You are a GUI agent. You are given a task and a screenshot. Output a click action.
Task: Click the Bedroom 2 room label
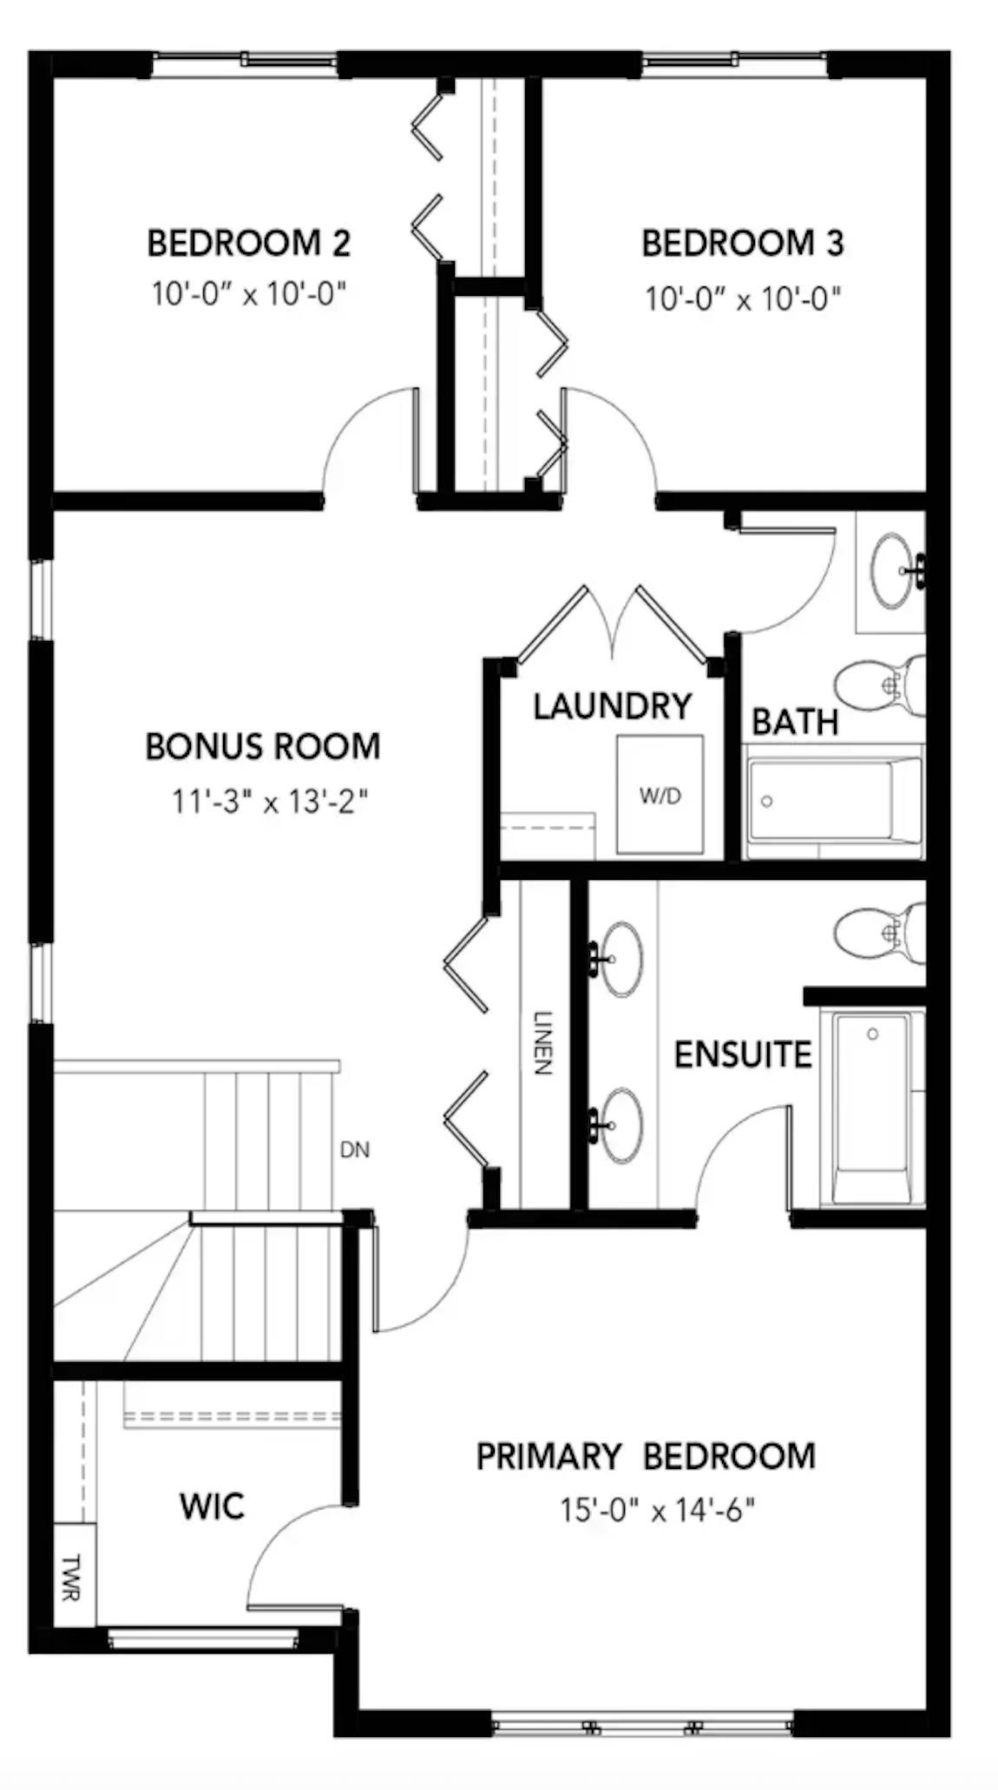coord(248,243)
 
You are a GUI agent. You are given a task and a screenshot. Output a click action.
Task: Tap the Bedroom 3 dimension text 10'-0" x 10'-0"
coord(742,299)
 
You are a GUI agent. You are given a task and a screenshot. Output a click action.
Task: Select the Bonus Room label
coord(262,747)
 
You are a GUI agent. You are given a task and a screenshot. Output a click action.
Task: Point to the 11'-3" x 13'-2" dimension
coord(270,801)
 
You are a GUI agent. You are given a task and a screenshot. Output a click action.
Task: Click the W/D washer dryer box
coord(660,795)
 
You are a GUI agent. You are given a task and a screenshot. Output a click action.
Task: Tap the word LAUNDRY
coord(612,706)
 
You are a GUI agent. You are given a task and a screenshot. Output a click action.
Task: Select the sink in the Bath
coord(894,571)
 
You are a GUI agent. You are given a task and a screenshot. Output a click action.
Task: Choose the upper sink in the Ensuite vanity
coord(619,958)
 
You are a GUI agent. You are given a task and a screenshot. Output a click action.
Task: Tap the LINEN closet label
coord(542,1043)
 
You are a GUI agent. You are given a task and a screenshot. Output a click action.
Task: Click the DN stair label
coord(354,1151)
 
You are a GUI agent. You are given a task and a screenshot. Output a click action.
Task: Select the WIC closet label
coord(212,1506)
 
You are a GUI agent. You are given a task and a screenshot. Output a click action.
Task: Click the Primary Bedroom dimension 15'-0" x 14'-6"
coord(657,1511)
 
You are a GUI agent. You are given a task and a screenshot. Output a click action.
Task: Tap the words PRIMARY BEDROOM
coord(646,1457)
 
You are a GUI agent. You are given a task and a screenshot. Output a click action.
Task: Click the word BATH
coord(794,722)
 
